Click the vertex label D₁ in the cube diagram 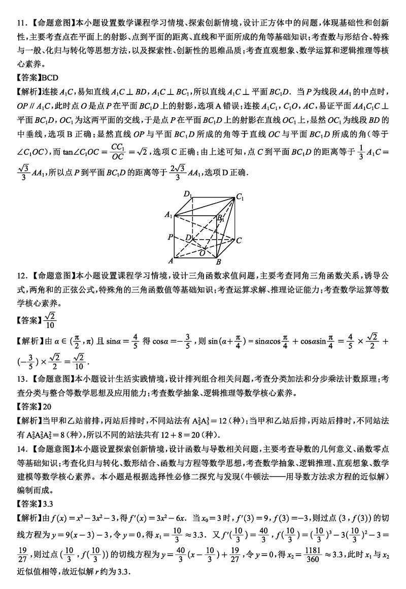[x=188, y=194]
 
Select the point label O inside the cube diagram [x=202, y=252]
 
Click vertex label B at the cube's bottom [x=218, y=262]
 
